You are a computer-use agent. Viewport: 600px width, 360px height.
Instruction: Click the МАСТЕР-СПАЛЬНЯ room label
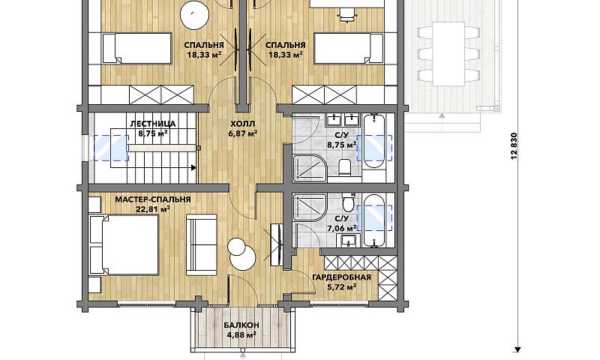click(x=153, y=199)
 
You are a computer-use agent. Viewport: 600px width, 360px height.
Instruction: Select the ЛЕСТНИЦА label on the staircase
click(x=153, y=124)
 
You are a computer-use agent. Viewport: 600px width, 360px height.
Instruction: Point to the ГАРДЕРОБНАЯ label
click(x=342, y=277)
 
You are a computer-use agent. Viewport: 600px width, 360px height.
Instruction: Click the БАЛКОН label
click(x=241, y=325)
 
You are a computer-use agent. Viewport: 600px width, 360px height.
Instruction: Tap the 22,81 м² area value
click(x=153, y=209)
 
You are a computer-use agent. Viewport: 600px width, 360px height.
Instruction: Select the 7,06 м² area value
click(x=342, y=228)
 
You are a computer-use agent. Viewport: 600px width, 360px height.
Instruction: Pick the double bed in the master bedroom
click(x=124, y=244)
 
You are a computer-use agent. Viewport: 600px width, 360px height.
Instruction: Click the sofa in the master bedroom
click(x=201, y=244)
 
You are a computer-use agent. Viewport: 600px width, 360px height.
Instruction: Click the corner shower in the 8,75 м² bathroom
click(x=309, y=167)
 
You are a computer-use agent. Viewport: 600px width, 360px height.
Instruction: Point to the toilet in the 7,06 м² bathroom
click(x=349, y=202)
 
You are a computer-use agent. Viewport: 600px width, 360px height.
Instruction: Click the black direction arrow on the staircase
click(x=193, y=167)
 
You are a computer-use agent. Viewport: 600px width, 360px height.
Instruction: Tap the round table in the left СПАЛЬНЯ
click(x=195, y=15)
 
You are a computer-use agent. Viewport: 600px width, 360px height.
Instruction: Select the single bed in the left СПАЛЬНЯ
click(x=136, y=48)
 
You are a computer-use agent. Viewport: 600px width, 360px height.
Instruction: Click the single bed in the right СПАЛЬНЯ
click(x=349, y=48)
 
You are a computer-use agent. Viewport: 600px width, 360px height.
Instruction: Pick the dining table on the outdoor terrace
click(x=448, y=54)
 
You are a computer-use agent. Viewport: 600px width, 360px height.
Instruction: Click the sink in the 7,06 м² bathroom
click(x=349, y=241)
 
